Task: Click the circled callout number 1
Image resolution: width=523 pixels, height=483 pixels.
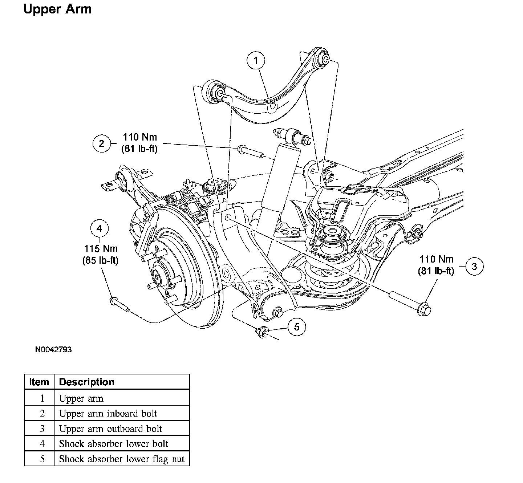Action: [256, 60]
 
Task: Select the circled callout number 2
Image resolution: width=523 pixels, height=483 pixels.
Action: [102, 143]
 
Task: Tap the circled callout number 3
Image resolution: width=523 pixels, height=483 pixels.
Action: [474, 266]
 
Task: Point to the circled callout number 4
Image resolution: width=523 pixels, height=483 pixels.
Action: [100, 228]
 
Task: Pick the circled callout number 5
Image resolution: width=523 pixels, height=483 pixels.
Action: [297, 327]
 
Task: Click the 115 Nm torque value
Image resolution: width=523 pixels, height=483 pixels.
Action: [101, 249]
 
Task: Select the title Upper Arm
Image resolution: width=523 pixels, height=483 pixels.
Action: [57, 9]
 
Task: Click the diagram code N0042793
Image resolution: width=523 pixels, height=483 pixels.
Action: [53, 350]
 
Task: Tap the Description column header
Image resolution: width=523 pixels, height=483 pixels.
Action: [86, 382]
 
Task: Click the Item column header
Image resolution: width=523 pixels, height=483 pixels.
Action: [39, 382]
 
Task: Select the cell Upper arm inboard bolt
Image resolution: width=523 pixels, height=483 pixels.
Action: [108, 413]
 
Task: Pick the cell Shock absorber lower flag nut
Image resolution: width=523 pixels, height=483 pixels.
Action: [122, 459]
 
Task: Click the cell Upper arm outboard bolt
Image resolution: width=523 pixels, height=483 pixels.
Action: [110, 429]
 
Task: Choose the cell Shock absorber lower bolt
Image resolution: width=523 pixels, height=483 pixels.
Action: [114, 444]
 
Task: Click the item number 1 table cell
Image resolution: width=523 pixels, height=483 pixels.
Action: [42, 398]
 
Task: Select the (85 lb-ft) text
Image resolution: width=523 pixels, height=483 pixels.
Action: [101, 260]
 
